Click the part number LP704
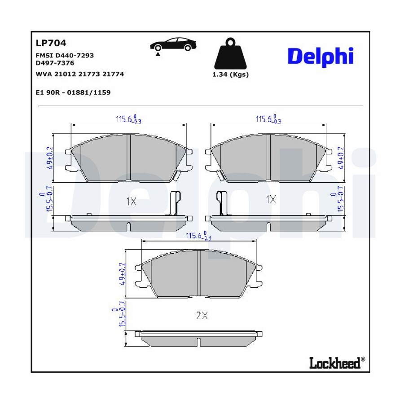pyautogui.click(x=51, y=43)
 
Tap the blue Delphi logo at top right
pyautogui.click(x=321, y=57)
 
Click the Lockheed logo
pyautogui.click(x=337, y=363)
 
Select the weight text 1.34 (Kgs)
pyautogui.click(x=230, y=75)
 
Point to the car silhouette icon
pyautogui.click(x=173, y=44)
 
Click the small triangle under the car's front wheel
pyautogui.click(x=158, y=54)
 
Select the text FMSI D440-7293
pyautogui.click(x=65, y=55)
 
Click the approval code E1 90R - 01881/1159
pyautogui.click(x=73, y=92)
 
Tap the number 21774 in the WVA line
pyautogui.click(x=113, y=74)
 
